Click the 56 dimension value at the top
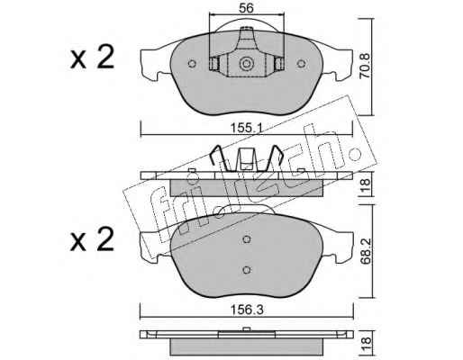pyautogui.click(x=246, y=8)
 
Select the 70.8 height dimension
pyautogui.click(x=366, y=66)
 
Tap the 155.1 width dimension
pyautogui.click(x=247, y=128)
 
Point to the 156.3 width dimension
pyautogui.click(x=247, y=310)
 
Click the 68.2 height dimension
pyautogui.click(x=366, y=251)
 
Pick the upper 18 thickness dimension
pyautogui.click(x=367, y=185)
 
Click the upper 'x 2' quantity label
pyautogui.click(x=93, y=57)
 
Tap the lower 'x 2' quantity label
pyautogui.click(x=93, y=239)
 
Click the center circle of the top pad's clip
pyautogui.click(x=246, y=64)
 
